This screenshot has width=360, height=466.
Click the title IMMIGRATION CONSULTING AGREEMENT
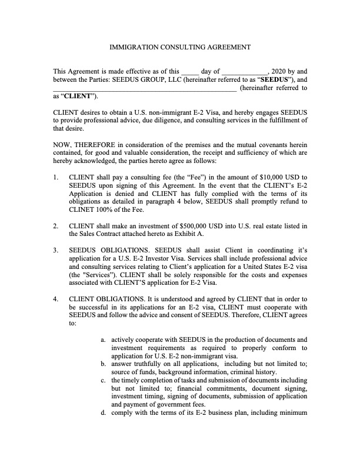[181, 47]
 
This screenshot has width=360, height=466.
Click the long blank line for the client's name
[145, 89]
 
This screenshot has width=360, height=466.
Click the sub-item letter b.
[104, 364]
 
